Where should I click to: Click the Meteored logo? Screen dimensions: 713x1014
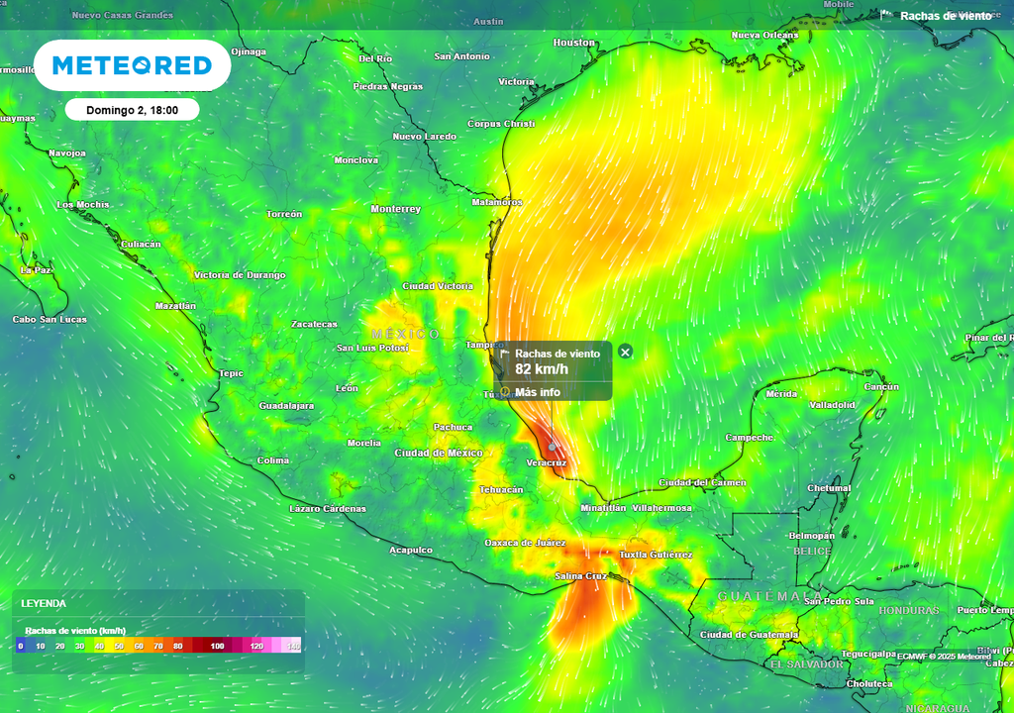pyautogui.click(x=132, y=65)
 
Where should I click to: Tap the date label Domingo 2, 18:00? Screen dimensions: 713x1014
pyautogui.click(x=132, y=110)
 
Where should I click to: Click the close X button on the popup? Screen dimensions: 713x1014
pyautogui.click(x=625, y=352)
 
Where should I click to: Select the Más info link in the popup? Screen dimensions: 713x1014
pyautogui.click(x=537, y=392)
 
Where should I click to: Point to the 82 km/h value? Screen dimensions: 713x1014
pyautogui.click(x=542, y=369)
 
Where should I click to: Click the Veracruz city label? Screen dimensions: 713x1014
pyautogui.click(x=547, y=462)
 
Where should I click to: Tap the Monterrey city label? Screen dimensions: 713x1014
pyautogui.click(x=395, y=209)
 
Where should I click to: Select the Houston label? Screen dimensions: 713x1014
pyautogui.click(x=574, y=43)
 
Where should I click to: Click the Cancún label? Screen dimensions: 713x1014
pyautogui.click(x=881, y=387)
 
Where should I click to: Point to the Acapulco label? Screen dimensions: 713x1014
pyautogui.click(x=410, y=550)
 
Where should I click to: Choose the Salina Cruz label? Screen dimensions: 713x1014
pyautogui.click(x=581, y=575)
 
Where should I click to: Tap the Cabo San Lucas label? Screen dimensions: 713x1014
pyautogui.click(x=50, y=320)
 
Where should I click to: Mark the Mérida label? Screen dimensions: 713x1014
pyautogui.click(x=781, y=394)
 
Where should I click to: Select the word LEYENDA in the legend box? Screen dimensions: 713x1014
pyautogui.click(x=44, y=603)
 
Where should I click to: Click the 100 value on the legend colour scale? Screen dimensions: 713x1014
pyautogui.click(x=217, y=646)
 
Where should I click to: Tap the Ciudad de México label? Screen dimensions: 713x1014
pyautogui.click(x=438, y=453)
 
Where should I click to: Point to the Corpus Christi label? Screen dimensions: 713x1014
pyautogui.click(x=500, y=124)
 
